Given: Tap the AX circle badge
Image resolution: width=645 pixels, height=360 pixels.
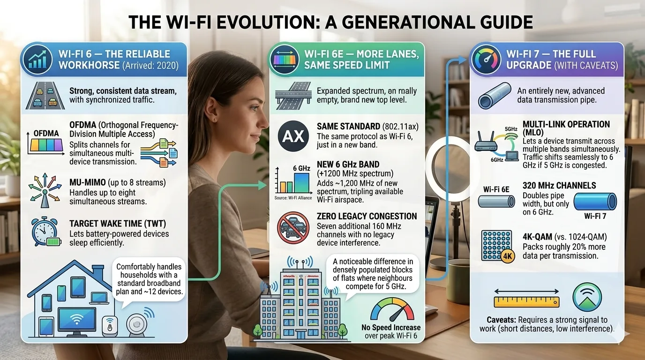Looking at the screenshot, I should point(292,136).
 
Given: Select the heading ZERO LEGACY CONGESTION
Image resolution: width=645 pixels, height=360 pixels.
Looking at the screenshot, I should point(367,216).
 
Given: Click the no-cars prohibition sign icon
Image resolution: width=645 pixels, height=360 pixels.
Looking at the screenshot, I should point(293,228).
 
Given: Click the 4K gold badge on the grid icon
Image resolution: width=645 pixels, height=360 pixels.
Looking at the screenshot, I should point(506,256).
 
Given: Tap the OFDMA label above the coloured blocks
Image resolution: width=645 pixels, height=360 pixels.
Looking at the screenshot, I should point(46,133).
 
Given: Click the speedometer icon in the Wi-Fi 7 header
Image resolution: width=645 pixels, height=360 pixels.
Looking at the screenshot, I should point(486,60).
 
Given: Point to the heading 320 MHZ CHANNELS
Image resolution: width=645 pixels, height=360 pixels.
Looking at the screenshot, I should point(559,186).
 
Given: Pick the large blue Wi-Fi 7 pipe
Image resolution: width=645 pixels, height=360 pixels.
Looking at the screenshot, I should point(594,201).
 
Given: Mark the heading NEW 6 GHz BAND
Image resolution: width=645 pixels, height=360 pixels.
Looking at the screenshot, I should point(348,165).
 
